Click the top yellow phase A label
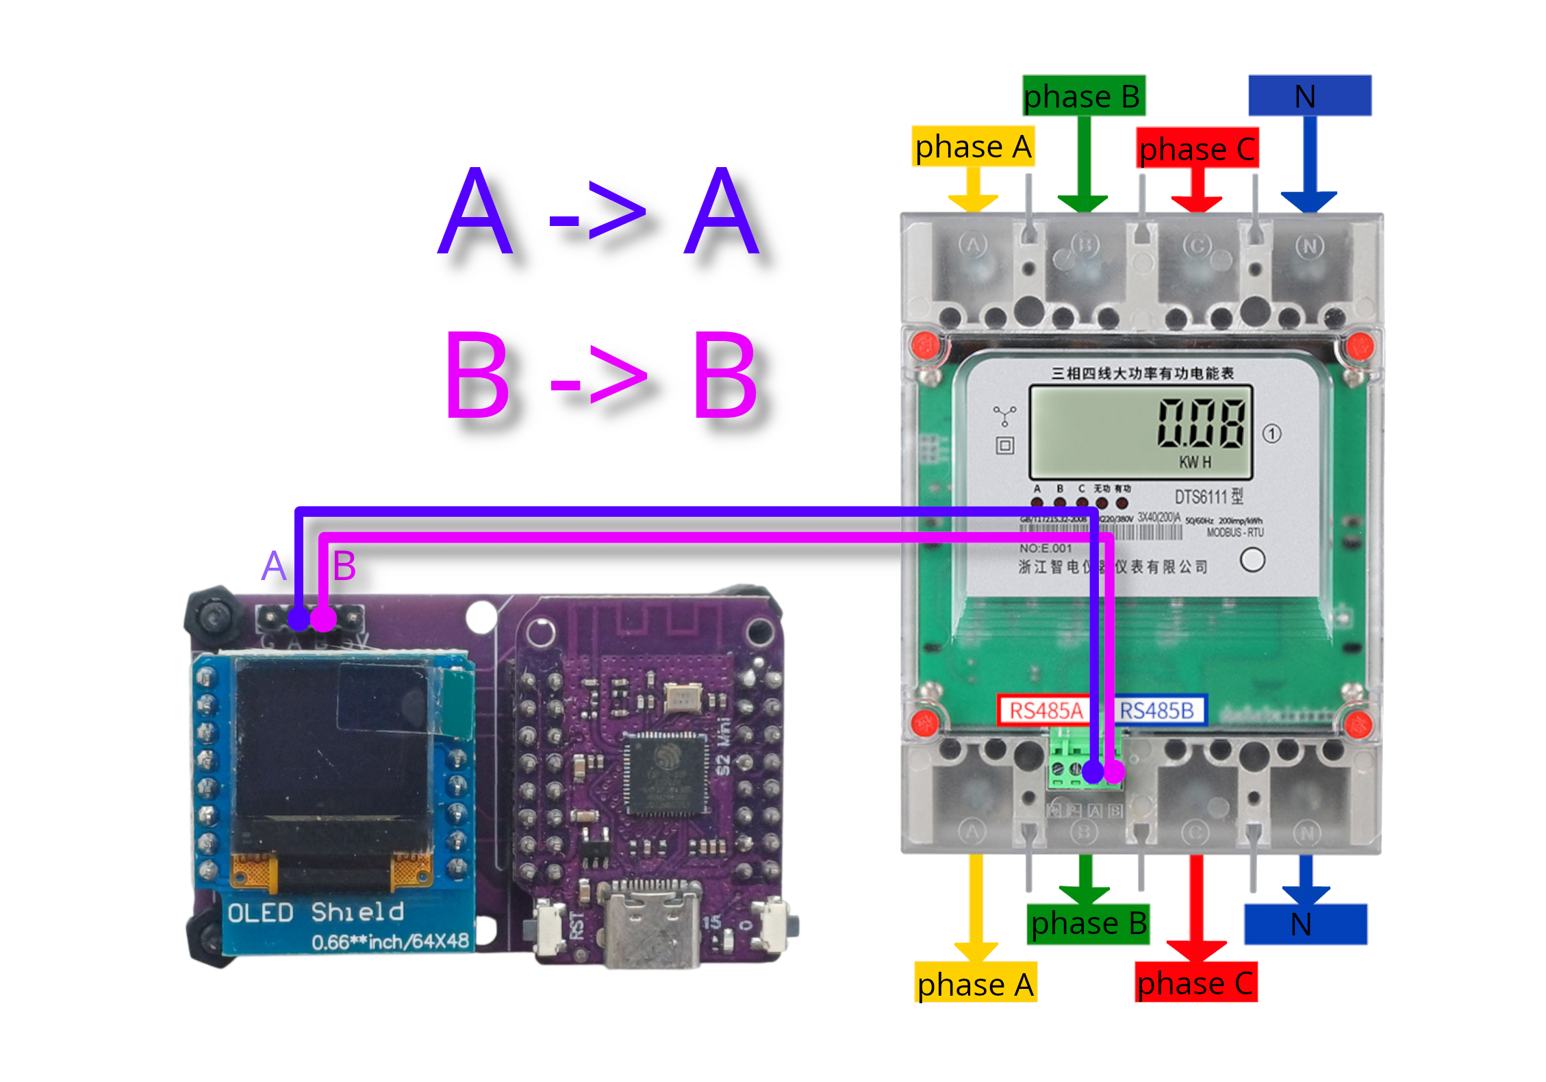pos(973,146)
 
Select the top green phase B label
pos(1083,95)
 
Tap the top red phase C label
pos(1197,148)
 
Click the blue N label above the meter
pos(1309,95)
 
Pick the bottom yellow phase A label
pos(975,983)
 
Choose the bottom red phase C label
pos(1195,983)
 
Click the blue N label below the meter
pos(1305,924)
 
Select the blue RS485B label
pos(1157,711)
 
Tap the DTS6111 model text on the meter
pos(1208,496)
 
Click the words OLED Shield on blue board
pos(315,912)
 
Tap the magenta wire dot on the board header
pos(324,620)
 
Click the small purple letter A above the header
pos(274,566)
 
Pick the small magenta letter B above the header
pos(344,566)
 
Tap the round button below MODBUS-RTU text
pos(1252,560)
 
